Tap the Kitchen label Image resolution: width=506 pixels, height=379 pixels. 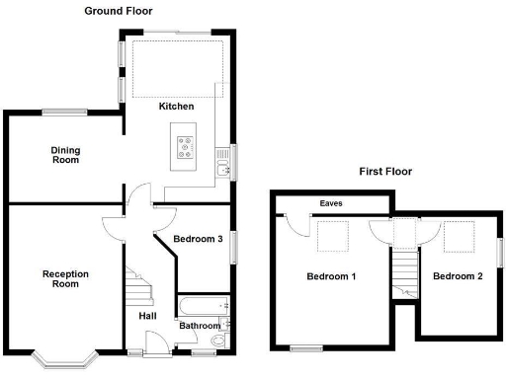point(176,106)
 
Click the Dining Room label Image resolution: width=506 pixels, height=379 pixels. point(66,155)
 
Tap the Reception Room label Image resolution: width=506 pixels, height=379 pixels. point(65,278)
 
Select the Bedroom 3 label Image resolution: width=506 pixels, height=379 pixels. point(198,240)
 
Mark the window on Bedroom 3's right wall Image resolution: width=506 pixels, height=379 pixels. point(234,248)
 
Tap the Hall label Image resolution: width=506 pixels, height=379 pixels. point(147,316)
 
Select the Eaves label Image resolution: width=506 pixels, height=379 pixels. point(330,205)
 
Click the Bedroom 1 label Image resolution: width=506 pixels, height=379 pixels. point(330,276)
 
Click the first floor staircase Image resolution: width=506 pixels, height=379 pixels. point(403,271)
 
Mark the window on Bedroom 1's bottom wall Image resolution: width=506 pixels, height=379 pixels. point(306,347)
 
